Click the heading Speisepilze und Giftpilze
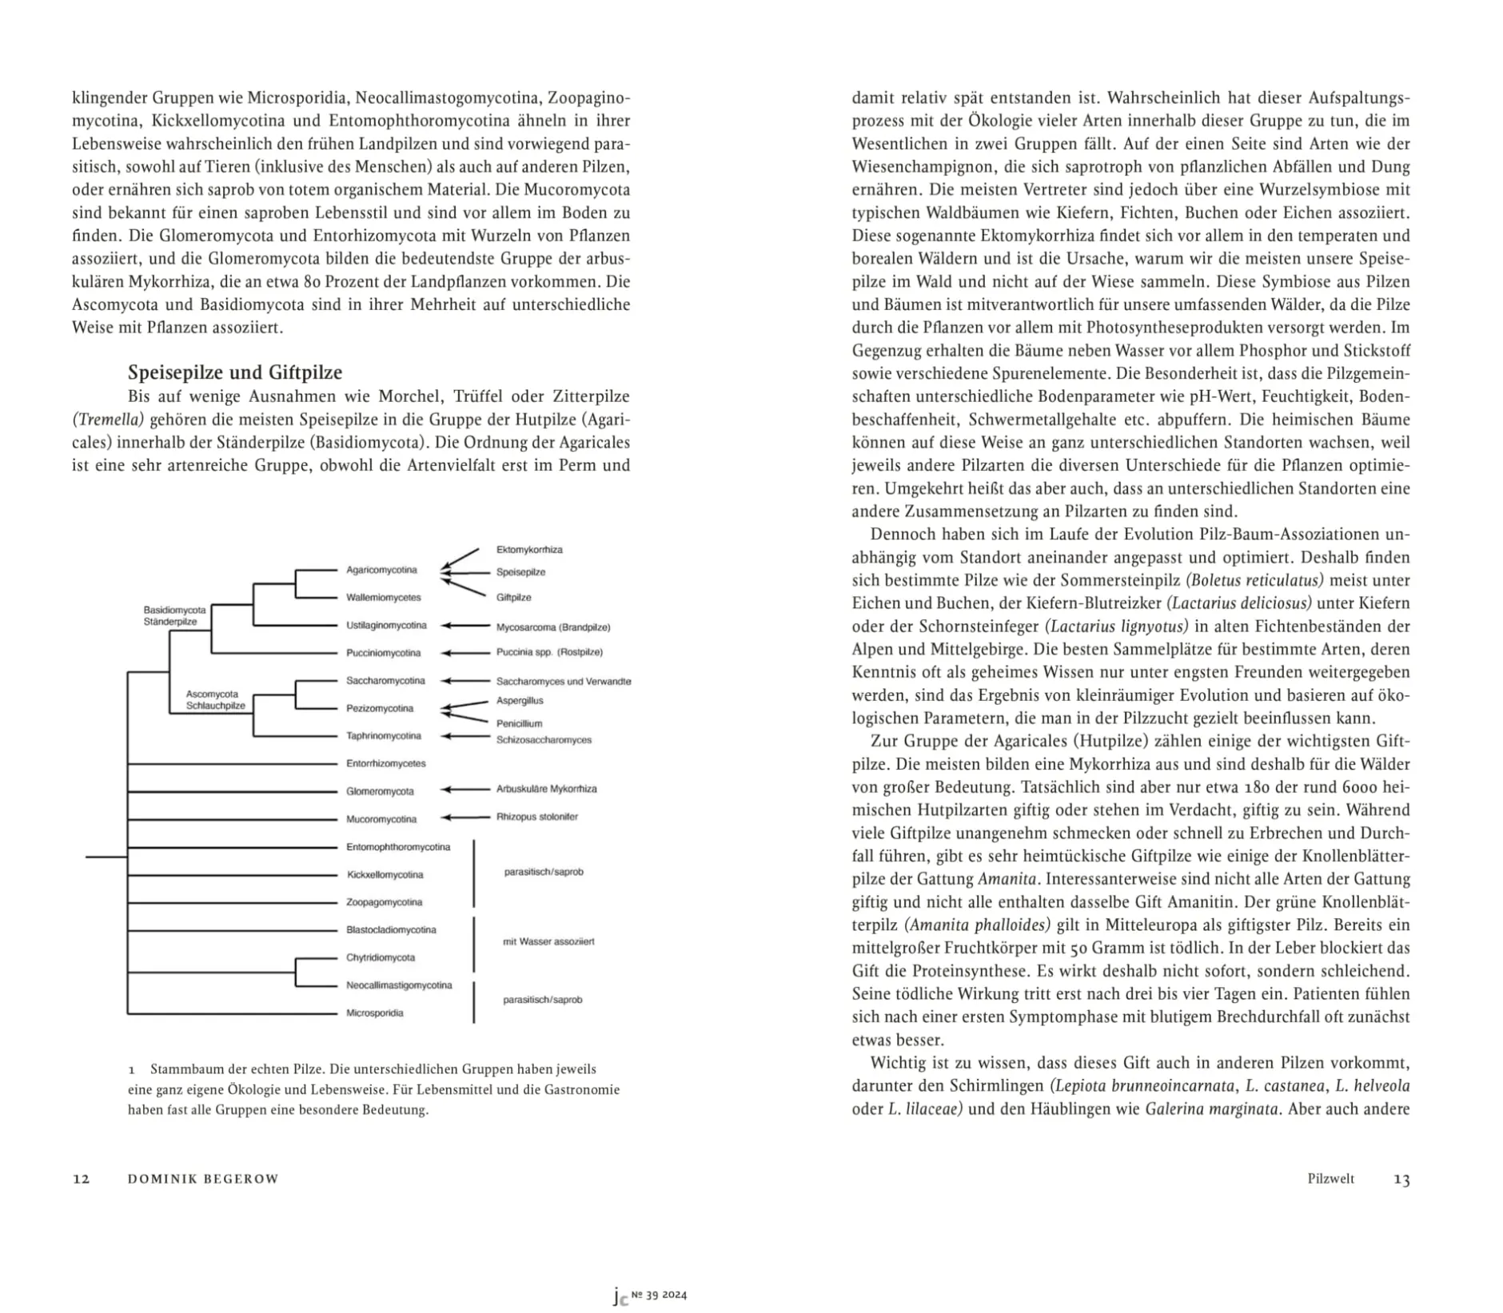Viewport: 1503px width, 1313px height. [x=235, y=372]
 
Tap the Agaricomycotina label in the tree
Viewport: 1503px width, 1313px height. [x=381, y=570]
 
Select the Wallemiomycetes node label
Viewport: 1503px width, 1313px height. [x=383, y=598]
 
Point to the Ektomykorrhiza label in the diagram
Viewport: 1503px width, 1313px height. [x=529, y=550]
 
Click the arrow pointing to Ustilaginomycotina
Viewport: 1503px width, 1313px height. [x=465, y=626]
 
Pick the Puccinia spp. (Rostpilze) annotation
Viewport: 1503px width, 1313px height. [x=549, y=653]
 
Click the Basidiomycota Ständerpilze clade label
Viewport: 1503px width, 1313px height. [x=174, y=615]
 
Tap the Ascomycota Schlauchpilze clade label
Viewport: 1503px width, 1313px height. [x=215, y=700]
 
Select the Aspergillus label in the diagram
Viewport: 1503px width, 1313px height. [x=520, y=701]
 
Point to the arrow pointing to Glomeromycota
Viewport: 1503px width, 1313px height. [x=465, y=790]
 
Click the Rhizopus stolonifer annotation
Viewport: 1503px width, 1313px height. [x=536, y=817]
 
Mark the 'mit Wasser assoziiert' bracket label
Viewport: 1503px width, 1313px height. [x=548, y=941]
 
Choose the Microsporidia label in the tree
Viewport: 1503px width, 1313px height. [x=374, y=1013]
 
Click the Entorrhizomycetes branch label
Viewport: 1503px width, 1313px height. [x=385, y=764]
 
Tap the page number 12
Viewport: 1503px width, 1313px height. [x=81, y=1179]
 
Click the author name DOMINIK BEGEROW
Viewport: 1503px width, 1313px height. [x=203, y=1179]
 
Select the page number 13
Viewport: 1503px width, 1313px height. [x=1401, y=1179]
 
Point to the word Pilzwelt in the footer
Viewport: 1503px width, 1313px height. [x=1330, y=1179]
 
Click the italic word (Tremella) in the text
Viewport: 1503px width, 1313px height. [x=108, y=420]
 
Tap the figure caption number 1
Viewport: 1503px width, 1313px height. [x=131, y=1069]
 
